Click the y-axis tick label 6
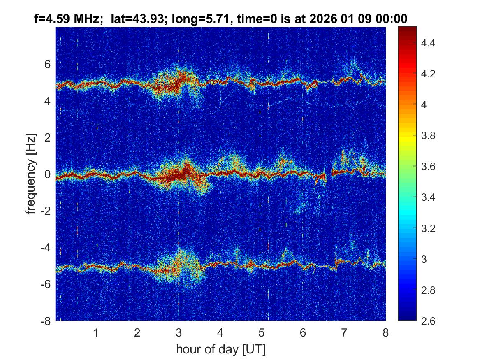point(47,65)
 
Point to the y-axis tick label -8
point(46,321)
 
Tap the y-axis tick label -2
point(46,211)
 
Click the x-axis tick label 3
point(179,332)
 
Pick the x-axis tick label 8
point(385,332)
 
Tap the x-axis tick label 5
point(261,332)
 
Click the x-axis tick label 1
point(96,332)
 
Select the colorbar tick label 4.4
point(428,43)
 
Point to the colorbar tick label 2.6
point(428,321)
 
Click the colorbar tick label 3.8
point(428,136)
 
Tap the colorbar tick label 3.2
point(428,228)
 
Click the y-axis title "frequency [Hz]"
point(30,173)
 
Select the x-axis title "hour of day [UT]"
point(220,350)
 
